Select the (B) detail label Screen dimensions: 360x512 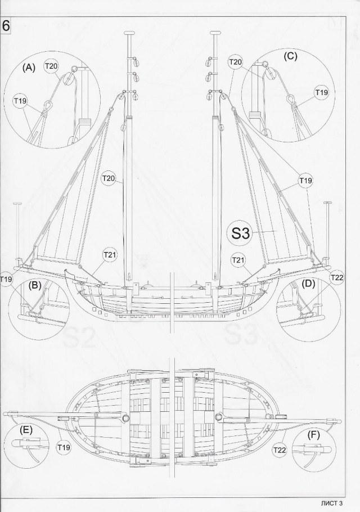pos(35,285)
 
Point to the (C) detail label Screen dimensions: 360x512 pos(291,56)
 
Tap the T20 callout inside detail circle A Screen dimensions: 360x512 pos(51,66)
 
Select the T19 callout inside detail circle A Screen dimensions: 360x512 pos(20,101)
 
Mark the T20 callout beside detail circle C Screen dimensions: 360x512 pos(235,61)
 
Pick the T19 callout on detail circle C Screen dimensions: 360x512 pos(321,92)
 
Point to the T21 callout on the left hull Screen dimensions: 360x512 pos(110,255)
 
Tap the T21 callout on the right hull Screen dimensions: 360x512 pos(239,259)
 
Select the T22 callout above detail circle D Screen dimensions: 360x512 pos(336,277)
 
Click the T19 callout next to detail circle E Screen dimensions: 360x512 pos(64,447)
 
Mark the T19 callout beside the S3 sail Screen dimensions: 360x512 pos(305,181)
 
